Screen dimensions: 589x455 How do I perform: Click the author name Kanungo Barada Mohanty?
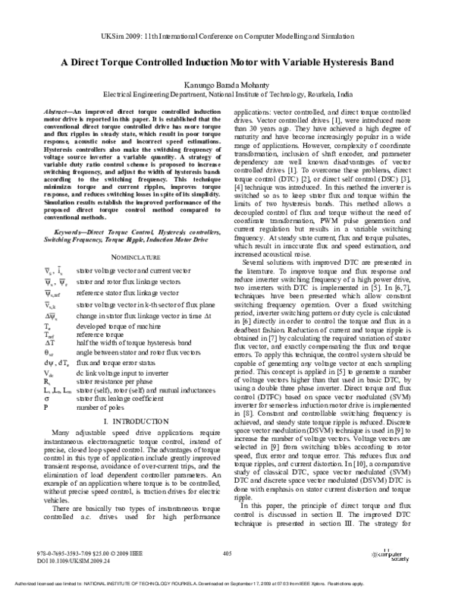point(227,87)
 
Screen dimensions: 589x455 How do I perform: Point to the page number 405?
point(227,554)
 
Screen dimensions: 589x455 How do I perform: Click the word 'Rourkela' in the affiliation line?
point(318,97)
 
